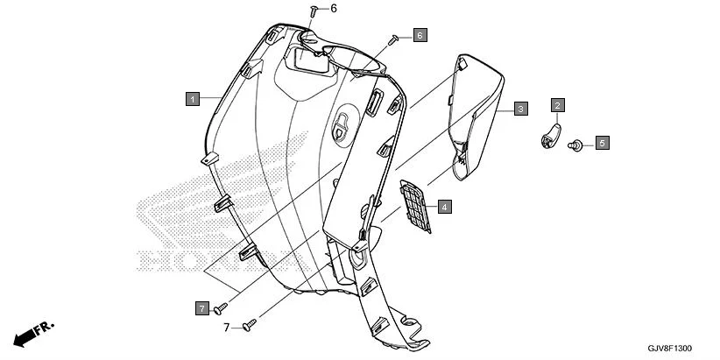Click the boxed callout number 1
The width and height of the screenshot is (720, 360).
point(192,99)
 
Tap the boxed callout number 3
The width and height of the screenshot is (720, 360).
point(520,109)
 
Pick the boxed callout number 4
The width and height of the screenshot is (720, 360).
point(445,208)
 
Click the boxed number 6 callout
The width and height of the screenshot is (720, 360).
point(420,35)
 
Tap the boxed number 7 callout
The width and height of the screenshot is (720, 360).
point(202,308)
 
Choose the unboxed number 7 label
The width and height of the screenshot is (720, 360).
point(225,328)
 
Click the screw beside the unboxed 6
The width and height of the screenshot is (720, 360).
point(313,10)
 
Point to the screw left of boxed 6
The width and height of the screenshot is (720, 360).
point(395,38)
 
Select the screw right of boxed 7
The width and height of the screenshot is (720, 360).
point(222,307)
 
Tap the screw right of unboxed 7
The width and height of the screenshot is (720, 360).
point(249,325)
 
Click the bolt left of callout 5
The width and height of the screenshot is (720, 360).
point(578,144)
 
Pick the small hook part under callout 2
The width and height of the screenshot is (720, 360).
point(549,136)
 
